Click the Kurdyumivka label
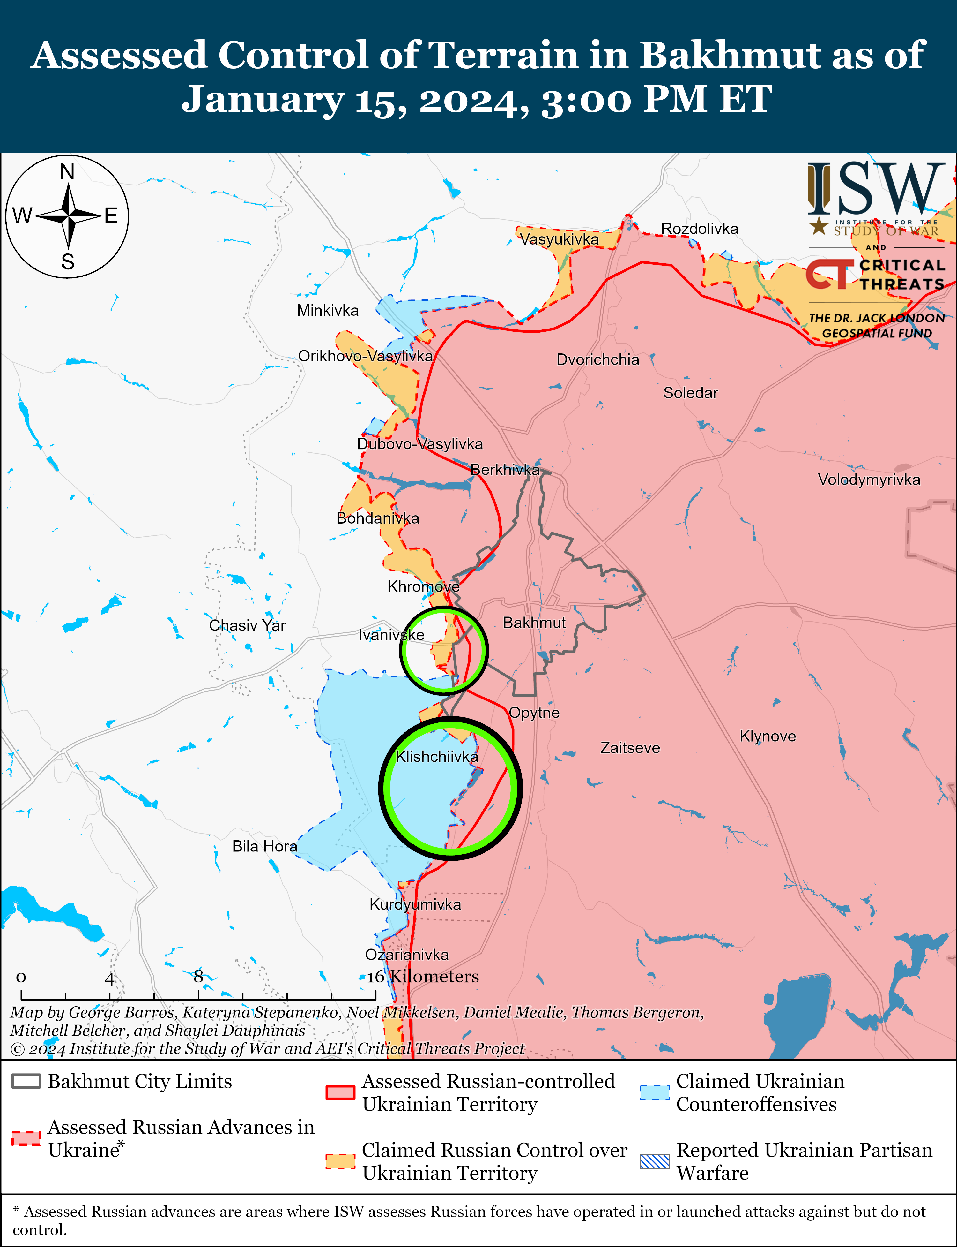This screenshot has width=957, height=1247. point(415,904)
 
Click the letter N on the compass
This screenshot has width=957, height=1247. point(67,171)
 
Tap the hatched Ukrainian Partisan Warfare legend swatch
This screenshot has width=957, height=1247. point(655,1161)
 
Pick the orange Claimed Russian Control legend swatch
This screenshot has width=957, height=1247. point(340,1161)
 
